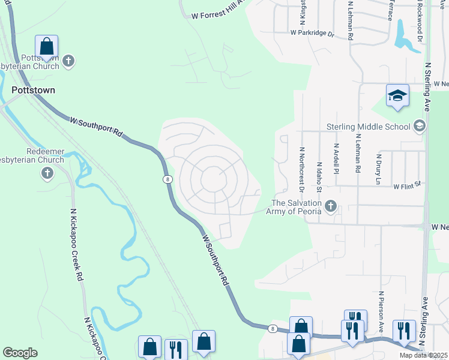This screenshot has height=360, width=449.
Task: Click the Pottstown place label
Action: tap(33, 90)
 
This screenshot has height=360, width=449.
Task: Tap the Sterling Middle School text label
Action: tap(369, 127)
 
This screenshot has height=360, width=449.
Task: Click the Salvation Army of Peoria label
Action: tap(296, 208)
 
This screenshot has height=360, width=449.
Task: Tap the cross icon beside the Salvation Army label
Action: tap(330, 207)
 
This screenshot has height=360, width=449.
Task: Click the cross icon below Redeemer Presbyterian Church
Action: tap(47, 173)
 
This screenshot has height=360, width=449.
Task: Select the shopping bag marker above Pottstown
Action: tap(47, 47)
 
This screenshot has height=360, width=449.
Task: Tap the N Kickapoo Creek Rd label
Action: tap(76, 245)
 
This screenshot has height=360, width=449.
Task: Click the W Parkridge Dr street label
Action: tap(312, 33)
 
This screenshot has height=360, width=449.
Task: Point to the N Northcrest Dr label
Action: tap(301, 170)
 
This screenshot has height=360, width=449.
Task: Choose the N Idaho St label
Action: tap(319, 177)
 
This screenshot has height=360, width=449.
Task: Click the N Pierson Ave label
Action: tap(381, 312)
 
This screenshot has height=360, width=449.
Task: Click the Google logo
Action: tap(20, 353)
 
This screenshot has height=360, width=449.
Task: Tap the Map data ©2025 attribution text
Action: tap(424, 355)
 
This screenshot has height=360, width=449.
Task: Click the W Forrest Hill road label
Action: tap(216, 13)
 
